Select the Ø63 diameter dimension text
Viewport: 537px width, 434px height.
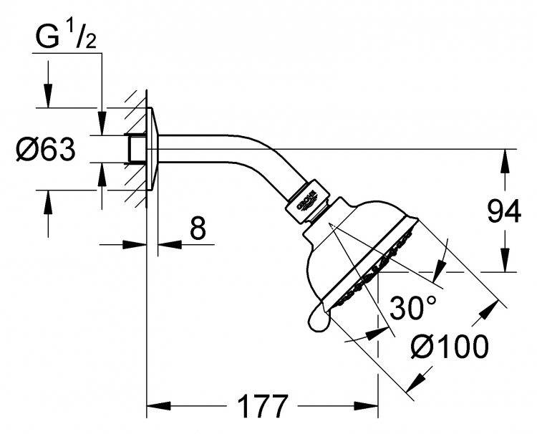pos(45,150)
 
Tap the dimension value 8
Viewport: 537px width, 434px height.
pos(198,228)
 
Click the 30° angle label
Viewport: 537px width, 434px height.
pos(413,307)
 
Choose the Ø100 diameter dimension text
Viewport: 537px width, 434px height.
pos(450,347)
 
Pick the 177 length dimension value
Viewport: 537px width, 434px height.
pos(263,406)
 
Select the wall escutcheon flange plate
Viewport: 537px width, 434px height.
pos(153,150)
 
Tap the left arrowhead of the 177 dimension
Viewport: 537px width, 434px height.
pos(158,406)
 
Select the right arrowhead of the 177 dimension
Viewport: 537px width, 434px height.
pos(367,406)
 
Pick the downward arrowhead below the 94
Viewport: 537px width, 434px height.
pos(505,261)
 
